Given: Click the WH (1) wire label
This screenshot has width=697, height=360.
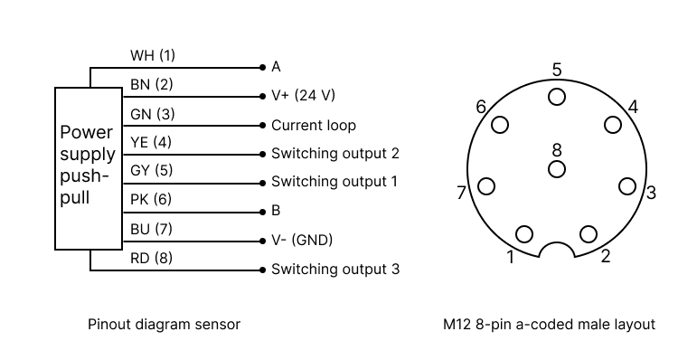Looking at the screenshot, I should [x=153, y=55].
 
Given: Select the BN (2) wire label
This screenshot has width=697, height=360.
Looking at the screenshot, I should [x=152, y=84].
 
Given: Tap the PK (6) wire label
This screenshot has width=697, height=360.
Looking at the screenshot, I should [x=152, y=199].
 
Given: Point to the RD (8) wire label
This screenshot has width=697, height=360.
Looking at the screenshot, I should [x=152, y=258].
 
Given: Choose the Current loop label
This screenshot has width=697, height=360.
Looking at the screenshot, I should [x=314, y=125].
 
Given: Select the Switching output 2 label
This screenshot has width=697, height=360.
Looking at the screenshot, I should [x=334, y=154].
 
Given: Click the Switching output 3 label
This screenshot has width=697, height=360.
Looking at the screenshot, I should [x=334, y=269].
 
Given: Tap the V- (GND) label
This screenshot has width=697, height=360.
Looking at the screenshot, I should [x=302, y=240].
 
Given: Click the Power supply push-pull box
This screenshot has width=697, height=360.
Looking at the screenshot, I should [x=88, y=168].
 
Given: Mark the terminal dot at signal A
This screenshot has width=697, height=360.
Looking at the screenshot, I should [x=262, y=67].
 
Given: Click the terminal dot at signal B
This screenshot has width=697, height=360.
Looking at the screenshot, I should [x=262, y=211].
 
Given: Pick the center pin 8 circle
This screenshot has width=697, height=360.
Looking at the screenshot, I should [x=557, y=169].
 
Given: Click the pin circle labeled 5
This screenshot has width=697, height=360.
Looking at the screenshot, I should [x=557, y=96].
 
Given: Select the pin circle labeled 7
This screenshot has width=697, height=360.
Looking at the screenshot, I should [x=486, y=186].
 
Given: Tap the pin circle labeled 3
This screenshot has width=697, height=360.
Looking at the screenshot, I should [x=627, y=186].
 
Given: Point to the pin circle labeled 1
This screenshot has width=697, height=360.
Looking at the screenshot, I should [x=524, y=234].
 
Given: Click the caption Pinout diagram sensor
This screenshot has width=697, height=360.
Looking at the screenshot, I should [x=164, y=324].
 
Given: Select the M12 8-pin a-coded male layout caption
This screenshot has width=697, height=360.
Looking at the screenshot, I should [x=549, y=324].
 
